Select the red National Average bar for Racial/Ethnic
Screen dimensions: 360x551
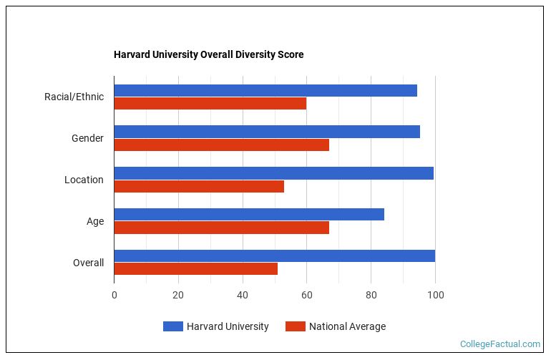(210, 103)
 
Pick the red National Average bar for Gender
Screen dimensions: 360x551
(222, 145)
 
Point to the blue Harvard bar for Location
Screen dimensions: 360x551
(274, 173)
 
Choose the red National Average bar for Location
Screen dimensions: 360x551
(199, 186)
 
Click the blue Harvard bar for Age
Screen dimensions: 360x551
(249, 215)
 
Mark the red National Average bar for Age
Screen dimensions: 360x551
(222, 228)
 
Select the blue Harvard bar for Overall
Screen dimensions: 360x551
(275, 256)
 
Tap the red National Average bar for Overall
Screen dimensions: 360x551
(196, 269)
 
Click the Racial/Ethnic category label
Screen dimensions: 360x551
(74, 97)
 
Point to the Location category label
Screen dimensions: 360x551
(84, 180)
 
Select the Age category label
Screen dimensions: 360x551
(95, 221)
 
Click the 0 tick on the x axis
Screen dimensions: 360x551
(114, 295)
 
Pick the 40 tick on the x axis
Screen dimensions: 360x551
(243, 295)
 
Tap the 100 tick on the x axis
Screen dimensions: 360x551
(435, 295)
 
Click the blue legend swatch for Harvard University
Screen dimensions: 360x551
(172, 327)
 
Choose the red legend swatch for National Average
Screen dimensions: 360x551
(295, 327)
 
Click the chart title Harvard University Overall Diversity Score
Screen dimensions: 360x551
(208, 55)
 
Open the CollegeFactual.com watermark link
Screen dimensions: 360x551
(499, 344)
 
